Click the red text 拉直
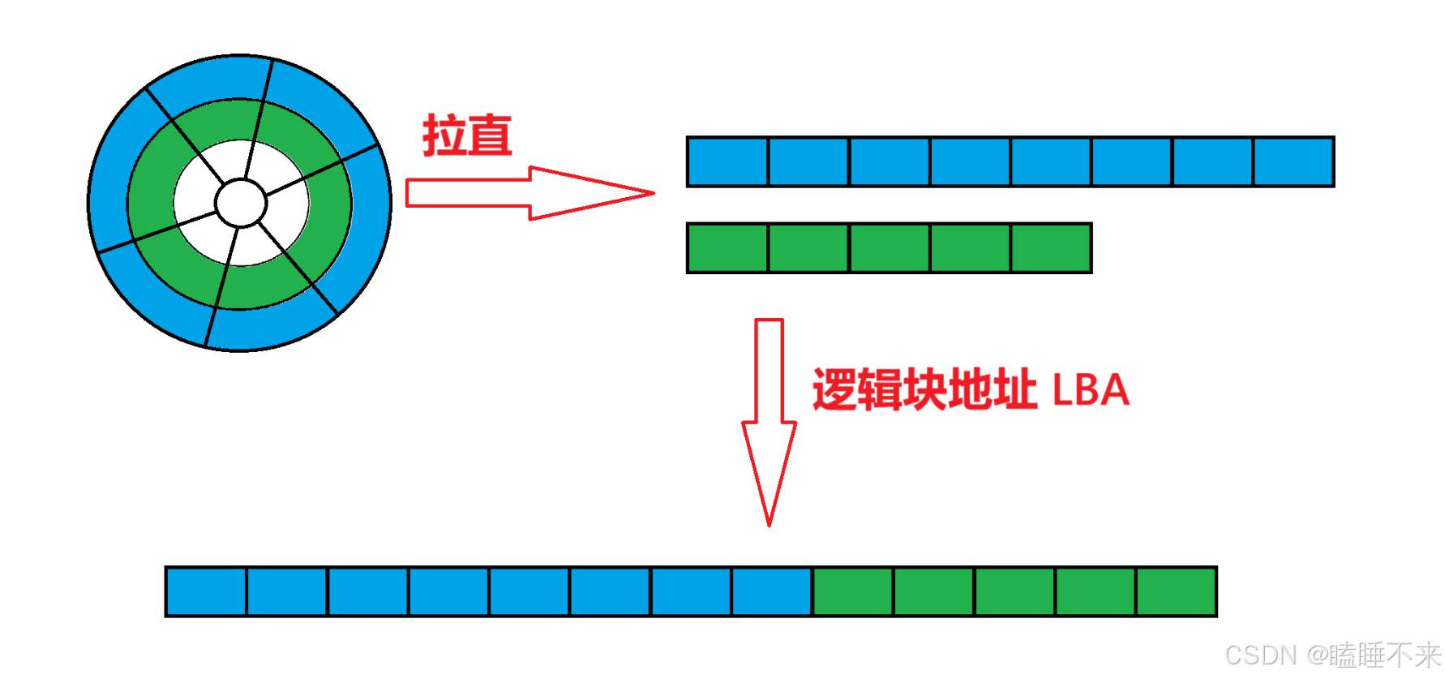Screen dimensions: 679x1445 [x=467, y=135]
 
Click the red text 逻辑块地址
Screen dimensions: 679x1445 [x=924, y=389]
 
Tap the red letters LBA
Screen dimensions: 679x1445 [x=1091, y=390]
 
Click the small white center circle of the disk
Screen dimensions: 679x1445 [x=241, y=203]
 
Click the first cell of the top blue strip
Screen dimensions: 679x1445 [x=728, y=161]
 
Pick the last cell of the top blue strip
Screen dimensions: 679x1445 [x=1293, y=161]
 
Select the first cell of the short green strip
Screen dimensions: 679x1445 [x=728, y=247]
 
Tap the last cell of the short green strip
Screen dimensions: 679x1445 [x=1051, y=247]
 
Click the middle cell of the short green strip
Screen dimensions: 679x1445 [x=890, y=247]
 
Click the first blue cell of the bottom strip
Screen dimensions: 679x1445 [x=206, y=591]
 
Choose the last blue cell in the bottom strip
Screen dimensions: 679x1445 [x=772, y=591]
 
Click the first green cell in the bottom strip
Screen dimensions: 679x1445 [x=853, y=591]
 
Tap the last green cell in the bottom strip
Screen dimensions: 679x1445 [x=1176, y=591]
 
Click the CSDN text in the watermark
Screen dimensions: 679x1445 [x=1261, y=655]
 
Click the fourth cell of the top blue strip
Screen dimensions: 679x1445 [x=970, y=161]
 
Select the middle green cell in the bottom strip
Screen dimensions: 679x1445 [x=1014, y=591]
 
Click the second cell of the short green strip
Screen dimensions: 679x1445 [x=808, y=247]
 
